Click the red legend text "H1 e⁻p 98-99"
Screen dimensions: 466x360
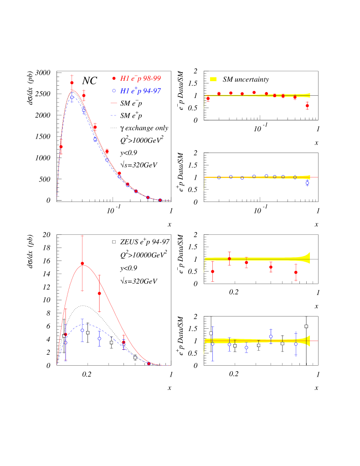click(140, 78)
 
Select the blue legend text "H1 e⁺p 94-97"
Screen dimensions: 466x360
click(140, 91)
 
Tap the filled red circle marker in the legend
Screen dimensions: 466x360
click(114, 78)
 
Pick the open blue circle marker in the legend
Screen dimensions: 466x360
click(114, 91)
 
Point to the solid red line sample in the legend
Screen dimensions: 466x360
click(113, 103)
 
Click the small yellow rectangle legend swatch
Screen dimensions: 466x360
click(213, 79)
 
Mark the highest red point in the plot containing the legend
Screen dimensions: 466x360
click(72, 83)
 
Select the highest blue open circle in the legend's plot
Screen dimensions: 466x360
click(72, 97)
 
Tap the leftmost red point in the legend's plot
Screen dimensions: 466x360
click(61, 147)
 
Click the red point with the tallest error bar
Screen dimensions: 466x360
click(82, 263)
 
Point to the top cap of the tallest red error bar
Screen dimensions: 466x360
click(82, 236)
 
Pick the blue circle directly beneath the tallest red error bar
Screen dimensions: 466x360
click(82, 330)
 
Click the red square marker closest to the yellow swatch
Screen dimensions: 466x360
click(219, 93)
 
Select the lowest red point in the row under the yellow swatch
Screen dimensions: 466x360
click(307, 105)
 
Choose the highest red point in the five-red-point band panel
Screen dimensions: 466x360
click(229, 259)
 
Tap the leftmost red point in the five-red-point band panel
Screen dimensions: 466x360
click(212, 271)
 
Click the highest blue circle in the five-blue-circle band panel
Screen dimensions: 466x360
click(271, 337)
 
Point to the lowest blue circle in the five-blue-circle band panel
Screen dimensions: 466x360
click(247, 347)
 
